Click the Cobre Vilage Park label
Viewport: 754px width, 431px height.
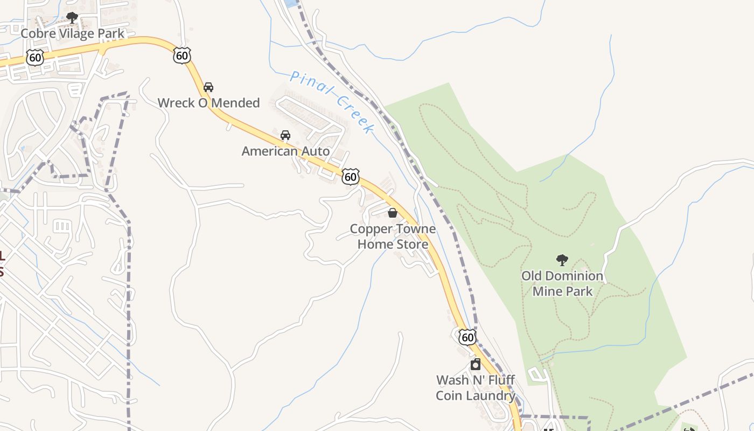coord(72,33)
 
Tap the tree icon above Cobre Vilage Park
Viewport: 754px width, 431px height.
coord(72,18)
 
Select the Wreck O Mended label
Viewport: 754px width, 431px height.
coord(208,103)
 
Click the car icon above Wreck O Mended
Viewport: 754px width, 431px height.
coord(208,87)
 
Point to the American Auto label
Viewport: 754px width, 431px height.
coord(285,151)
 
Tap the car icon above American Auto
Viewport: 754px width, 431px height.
coord(285,135)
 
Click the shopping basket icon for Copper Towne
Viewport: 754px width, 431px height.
coord(393,213)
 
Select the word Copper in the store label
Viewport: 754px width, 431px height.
coord(370,229)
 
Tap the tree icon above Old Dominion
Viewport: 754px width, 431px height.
coord(562,260)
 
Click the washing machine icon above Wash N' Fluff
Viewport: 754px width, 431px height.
coord(476,364)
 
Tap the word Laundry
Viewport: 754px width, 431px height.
coord(490,396)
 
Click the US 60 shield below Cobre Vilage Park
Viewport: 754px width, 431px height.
coord(35,58)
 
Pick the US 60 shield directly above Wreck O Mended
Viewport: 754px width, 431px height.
coord(182,54)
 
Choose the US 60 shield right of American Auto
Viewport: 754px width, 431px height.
coord(351,176)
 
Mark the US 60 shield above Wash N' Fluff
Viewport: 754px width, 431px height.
coord(467,337)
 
